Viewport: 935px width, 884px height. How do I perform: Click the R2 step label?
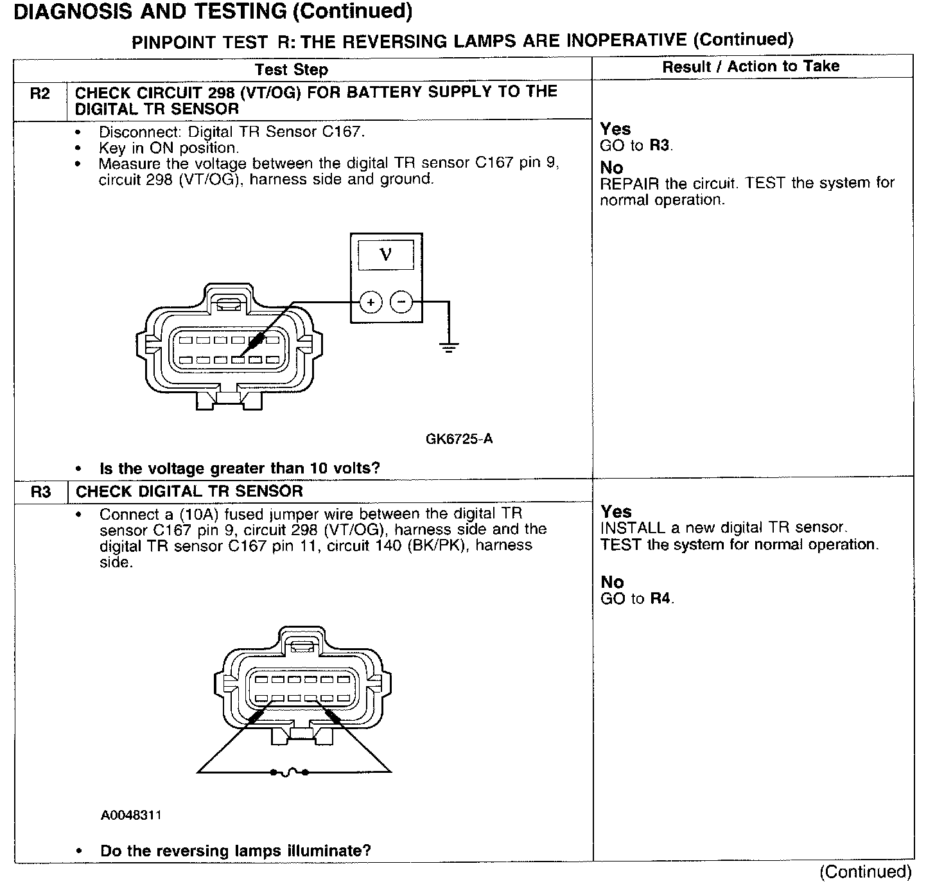pyautogui.click(x=40, y=94)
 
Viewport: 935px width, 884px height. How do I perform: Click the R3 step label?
pyautogui.click(x=40, y=492)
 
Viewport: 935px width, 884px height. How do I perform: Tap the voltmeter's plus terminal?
pyautogui.click(x=371, y=302)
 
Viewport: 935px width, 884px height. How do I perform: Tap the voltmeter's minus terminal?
pyautogui.click(x=402, y=301)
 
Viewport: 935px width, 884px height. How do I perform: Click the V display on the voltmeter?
pyautogui.click(x=385, y=254)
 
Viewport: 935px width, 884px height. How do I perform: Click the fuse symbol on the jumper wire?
pyautogui.click(x=289, y=772)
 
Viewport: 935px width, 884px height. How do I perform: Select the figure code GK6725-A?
pyautogui.click(x=459, y=439)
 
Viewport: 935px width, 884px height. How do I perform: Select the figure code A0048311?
pyautogui.click(x=131, y=815)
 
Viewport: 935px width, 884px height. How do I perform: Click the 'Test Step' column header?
pyautogui.click(x=291, y=69)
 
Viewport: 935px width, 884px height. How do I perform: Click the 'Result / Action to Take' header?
pyautogui.click(x=751, y=66)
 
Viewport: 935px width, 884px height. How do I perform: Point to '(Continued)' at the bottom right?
pyautogui.click(x=865, y=872)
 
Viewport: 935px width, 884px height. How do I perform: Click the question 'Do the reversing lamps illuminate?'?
pyautogui.click(x=236, y=851)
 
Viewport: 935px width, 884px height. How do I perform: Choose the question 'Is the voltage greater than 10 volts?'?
pyautogui.click(x=240, y=468)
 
